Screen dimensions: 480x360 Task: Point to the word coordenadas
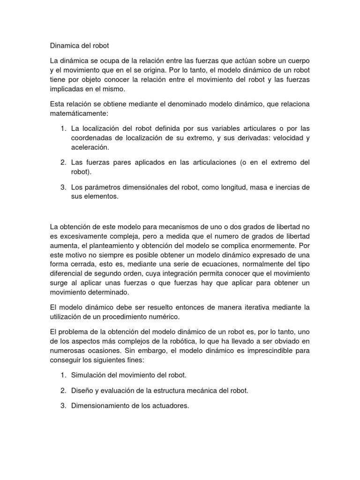point(93,137)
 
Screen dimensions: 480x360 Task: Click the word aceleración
point(90,147)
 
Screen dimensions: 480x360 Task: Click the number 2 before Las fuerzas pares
point(63,163)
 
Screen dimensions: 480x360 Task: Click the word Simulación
point(90,375)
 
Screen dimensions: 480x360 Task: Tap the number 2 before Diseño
point(63,390)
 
